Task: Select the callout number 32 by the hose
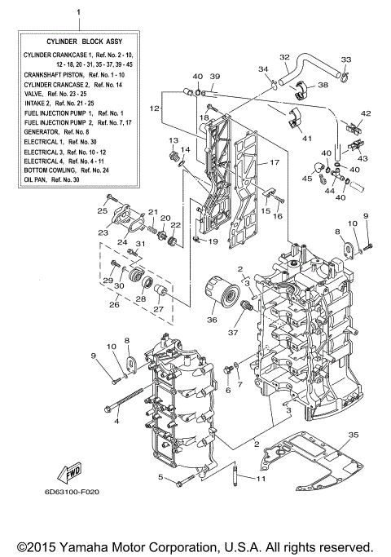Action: [x=284, y=57]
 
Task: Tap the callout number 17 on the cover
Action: [x=274, y=163]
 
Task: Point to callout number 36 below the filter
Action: [x=213, y=320]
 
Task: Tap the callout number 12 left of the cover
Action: [x=153, y=108]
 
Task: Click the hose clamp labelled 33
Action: [x=345, y=78]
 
